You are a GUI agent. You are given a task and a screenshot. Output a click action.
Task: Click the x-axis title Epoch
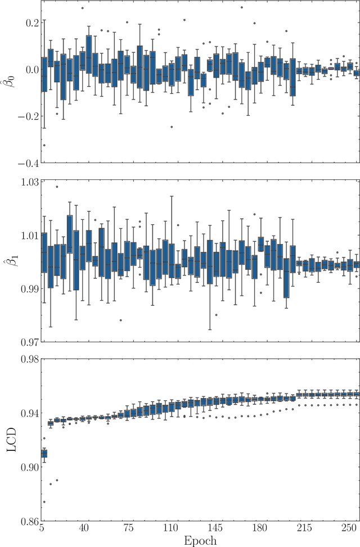click(x=200, y=540)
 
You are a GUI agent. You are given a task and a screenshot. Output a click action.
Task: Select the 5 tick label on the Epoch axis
click(x=42, y=529)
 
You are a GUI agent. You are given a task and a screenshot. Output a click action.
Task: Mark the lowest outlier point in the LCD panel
click(x=44, y=502)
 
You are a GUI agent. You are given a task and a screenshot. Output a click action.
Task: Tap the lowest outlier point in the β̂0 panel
click(x=44, y=145)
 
